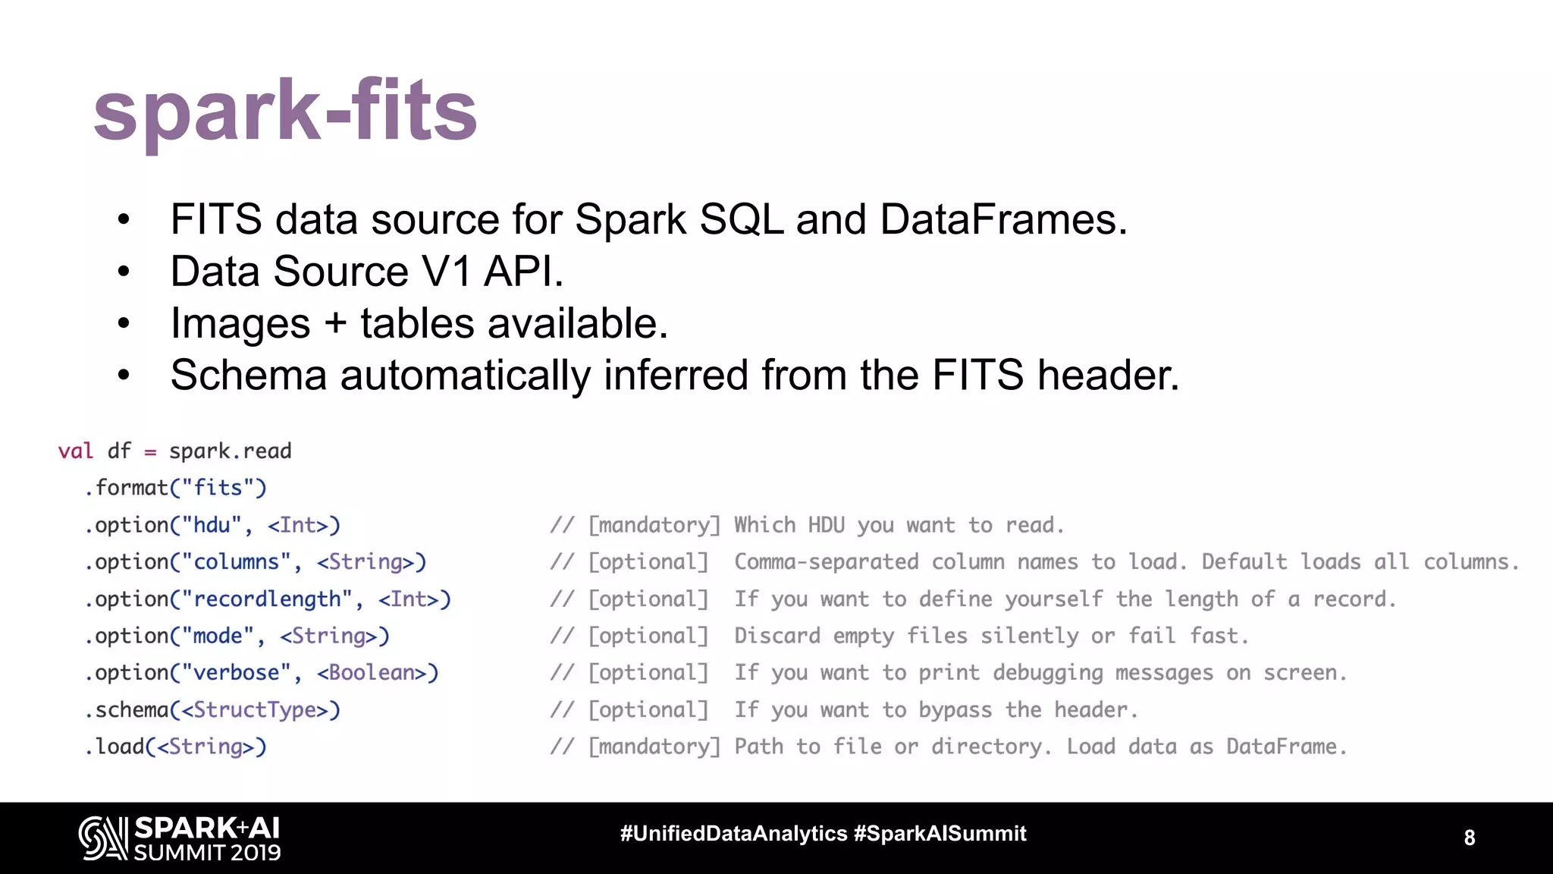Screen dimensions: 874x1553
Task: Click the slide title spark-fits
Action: coord(284,112)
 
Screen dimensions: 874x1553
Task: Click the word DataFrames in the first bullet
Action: coord(1002,220)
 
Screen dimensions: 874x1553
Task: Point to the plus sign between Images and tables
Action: coord(335,324)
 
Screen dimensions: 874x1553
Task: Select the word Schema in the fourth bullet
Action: coord(248,376)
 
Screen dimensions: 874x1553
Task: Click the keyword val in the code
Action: coord(76,451)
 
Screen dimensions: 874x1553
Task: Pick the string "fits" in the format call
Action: coord(218,488)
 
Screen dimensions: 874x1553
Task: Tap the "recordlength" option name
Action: coord(267,599)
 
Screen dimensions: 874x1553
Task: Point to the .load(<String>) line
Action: coord(175,747)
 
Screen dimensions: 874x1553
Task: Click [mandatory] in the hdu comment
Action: coord(654,525)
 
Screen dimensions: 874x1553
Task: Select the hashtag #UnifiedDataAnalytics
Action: coord(733,834)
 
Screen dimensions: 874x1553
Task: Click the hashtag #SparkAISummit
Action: coord(940,834)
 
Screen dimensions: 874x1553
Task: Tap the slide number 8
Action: coord(1469,838)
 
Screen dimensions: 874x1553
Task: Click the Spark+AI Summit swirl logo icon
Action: coord(103,838)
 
